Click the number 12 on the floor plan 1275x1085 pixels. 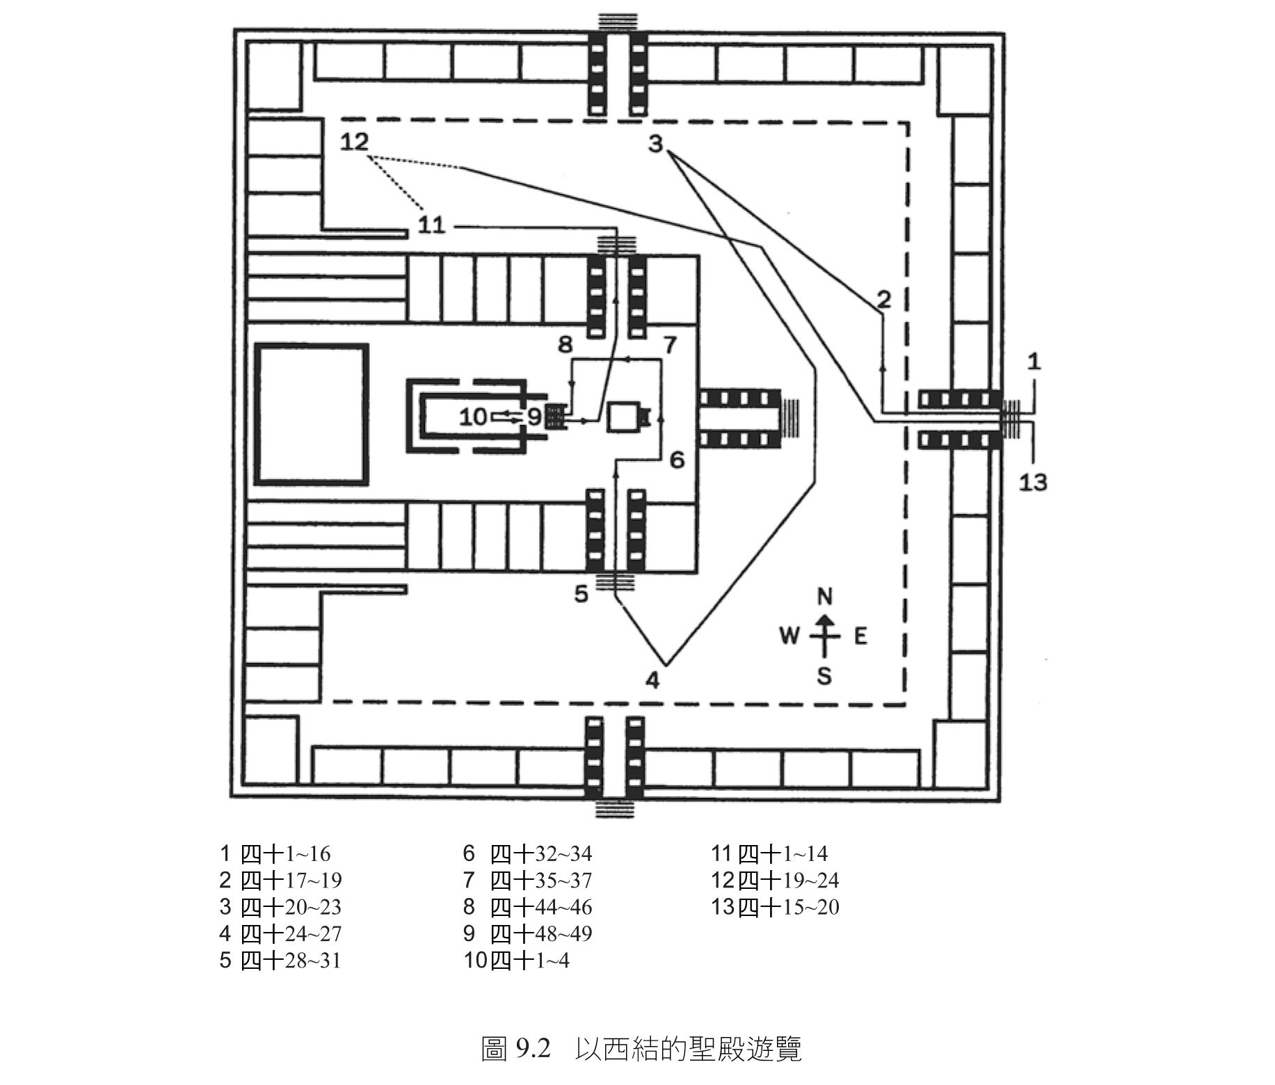pos(354,142)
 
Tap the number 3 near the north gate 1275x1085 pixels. pos(655,145)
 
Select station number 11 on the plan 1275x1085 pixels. pos(431,225)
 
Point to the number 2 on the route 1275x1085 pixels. pos(883,299)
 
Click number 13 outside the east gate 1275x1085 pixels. pos(1033,482)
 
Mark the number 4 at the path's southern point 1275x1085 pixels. pos(652,680)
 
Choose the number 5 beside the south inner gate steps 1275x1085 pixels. pos(582,593)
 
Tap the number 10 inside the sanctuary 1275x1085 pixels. pos(473,417)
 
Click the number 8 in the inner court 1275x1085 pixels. pos(565,344)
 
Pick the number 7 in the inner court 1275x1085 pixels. pos(670,344)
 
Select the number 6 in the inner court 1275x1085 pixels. pos(677,459)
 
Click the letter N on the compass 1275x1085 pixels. pos(824,596)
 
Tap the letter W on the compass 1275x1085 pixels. pos(789,635)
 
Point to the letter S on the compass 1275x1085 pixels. pos(824,675)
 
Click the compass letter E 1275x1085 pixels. pos(860,636)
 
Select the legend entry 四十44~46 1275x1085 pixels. pos(541,907)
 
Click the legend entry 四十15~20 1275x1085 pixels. pos(789,907)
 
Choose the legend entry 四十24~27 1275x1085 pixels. pos(291,933)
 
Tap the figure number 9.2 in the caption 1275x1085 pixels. pos(534,1049)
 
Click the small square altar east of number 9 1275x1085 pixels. pos(623,417)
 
